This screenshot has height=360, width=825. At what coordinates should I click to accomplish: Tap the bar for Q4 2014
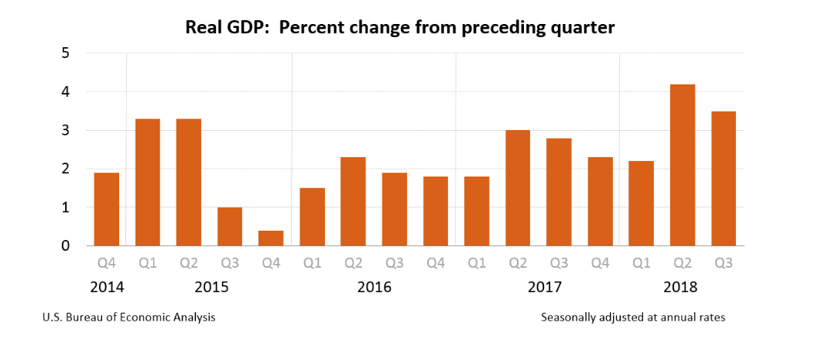(107, 209)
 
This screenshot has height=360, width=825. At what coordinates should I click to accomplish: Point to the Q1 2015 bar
(148, 182)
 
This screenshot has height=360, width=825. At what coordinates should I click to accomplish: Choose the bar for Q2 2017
(518, 187)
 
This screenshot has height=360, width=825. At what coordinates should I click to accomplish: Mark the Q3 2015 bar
(230, 226)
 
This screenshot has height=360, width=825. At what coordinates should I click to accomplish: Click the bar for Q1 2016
(312, 217)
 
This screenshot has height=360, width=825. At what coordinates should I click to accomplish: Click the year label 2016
(375, 287)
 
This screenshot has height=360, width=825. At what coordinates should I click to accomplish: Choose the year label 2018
(681, 287)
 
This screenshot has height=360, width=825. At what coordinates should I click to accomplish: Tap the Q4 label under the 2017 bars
(600, 262)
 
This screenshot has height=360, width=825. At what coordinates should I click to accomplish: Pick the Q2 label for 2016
(353, 262)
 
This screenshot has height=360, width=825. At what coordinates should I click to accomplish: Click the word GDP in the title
(245, 28)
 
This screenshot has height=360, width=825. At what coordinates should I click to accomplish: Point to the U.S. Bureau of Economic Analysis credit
(129, 317)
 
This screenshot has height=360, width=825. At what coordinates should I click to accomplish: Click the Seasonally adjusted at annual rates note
(632, 317)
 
